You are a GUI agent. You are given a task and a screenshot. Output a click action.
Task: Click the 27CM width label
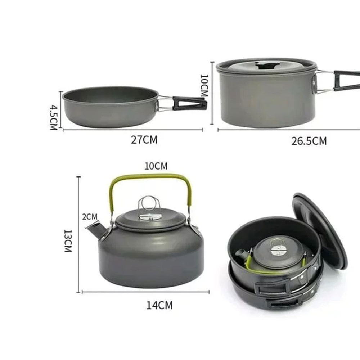point(144,140)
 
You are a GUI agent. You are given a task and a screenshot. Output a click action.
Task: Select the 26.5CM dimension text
point(309,141)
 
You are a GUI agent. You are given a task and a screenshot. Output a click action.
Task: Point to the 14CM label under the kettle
point(159,305)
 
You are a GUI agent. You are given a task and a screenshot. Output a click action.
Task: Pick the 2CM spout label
point(90,216)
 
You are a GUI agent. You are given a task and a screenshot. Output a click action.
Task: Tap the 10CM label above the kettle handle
point(156,166)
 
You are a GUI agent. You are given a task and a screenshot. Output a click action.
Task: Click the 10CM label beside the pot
point(204,85)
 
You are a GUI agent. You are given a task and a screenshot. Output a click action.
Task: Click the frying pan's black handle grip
point(189,103)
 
